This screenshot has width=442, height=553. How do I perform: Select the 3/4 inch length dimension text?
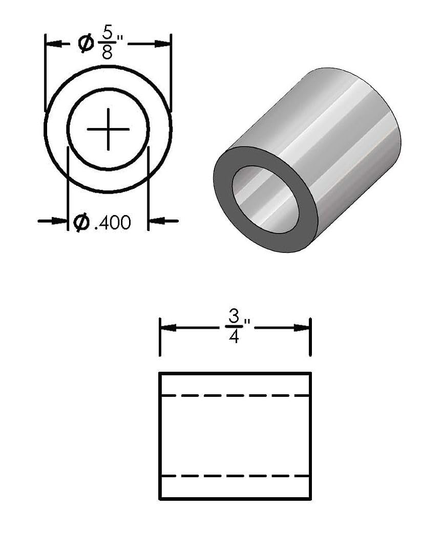[234, 327]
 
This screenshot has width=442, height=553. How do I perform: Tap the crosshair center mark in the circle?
[108, 129]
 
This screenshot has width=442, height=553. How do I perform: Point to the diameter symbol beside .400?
[81, 222]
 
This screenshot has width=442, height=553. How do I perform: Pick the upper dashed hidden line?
[235, 395]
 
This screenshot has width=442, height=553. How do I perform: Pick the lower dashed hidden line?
[235, 476]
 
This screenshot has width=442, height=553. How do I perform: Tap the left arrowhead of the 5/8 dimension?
[53, 44]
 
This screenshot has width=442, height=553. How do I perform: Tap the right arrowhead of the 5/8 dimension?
[163, 44]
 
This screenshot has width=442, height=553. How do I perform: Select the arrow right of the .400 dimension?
[156, 221]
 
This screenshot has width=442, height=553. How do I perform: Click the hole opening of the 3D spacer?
[265, 199]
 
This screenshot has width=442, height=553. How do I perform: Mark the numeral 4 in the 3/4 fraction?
[234, 337]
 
